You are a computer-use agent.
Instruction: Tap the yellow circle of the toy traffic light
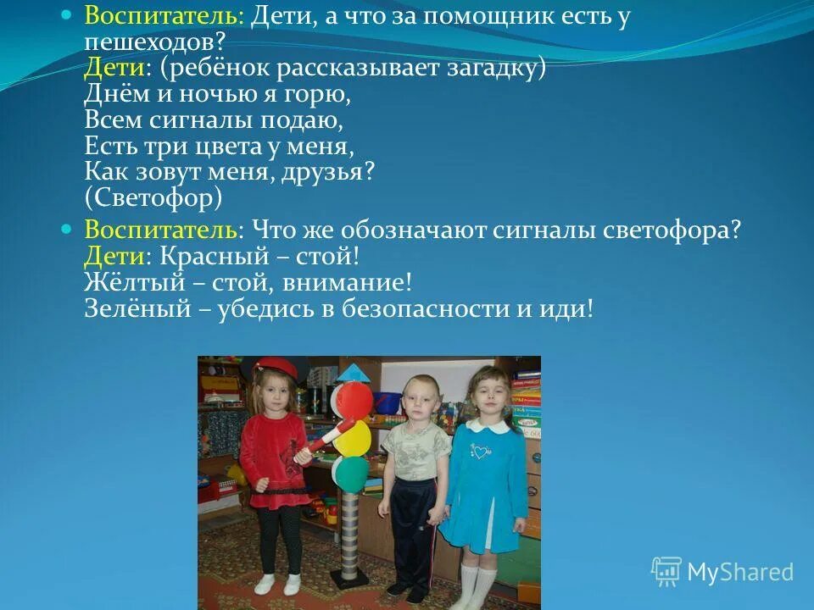[353, 437]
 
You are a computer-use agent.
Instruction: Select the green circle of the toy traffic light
[349, 471]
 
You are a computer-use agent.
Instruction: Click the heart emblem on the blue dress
[482, 452]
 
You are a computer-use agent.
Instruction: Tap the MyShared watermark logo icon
[666, 572]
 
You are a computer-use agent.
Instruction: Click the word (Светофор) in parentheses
[153, 198]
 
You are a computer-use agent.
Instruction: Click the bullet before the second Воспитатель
[69, 230]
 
